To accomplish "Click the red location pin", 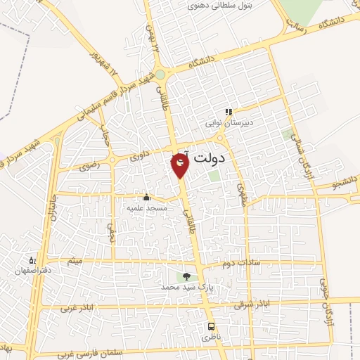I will click(x=180, y=165).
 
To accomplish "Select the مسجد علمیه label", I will click(x=146, y=208).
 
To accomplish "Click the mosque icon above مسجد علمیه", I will click(x=146, y=197).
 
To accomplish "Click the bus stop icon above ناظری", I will click(x=212, y=327).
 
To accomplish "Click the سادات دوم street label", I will click(x=240, y=264).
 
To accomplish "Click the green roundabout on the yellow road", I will click(x=160, y=74).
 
